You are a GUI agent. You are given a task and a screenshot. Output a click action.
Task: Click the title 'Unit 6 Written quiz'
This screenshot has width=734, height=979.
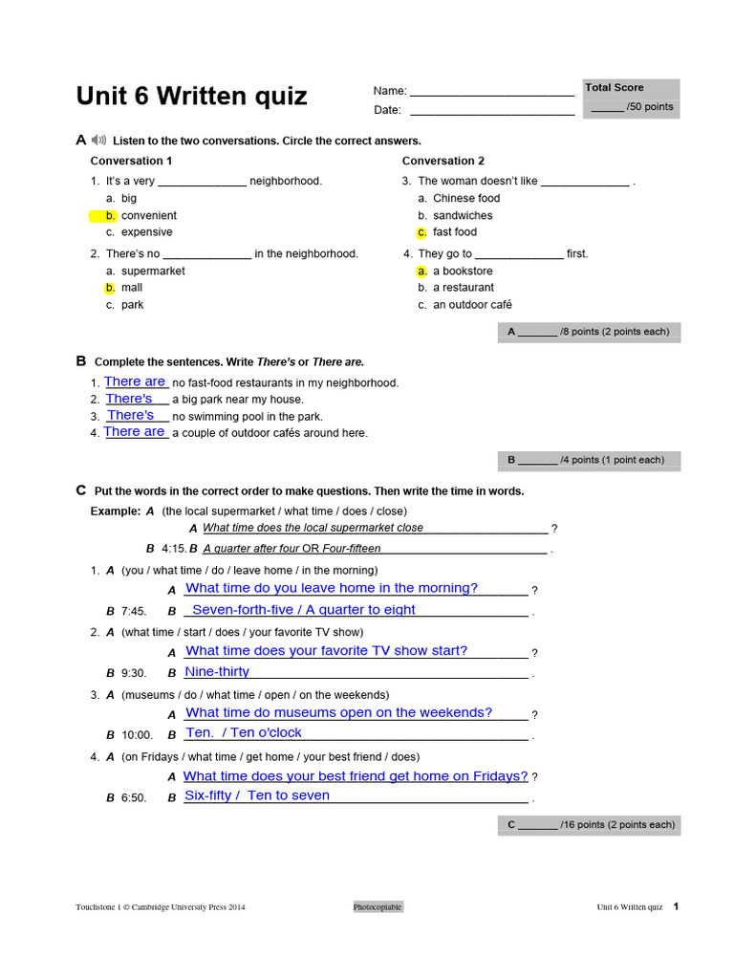tap(191, 97)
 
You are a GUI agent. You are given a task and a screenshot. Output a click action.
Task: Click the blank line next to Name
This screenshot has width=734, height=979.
tap(491, 93)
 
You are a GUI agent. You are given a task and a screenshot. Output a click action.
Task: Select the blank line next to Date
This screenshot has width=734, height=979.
tap(491, 111)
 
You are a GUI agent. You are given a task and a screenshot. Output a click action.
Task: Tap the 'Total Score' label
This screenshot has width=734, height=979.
tap(615, 88)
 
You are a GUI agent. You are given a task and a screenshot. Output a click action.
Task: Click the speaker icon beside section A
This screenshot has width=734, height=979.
tap(99, 141)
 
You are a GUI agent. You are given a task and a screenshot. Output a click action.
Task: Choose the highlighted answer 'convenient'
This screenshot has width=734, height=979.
tap(148, 216)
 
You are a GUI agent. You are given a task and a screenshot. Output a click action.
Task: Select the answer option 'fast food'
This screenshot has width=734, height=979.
tap(454, 232)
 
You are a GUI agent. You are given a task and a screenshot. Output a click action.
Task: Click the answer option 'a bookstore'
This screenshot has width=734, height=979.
tap(463, 272)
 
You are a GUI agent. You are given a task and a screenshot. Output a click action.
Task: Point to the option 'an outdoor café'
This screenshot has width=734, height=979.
tap(472, 305)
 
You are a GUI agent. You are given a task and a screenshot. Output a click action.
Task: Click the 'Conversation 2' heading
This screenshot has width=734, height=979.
tap(443, 161)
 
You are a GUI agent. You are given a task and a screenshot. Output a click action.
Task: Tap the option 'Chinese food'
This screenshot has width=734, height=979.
tap(466, 199)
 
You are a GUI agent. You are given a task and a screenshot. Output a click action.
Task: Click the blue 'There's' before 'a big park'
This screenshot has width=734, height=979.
tap(129, 399)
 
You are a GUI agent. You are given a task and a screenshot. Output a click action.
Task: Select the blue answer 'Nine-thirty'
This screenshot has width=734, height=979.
tap(217, 672)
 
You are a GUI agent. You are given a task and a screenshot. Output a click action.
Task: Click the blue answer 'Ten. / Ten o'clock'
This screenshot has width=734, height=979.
tap(244, 733)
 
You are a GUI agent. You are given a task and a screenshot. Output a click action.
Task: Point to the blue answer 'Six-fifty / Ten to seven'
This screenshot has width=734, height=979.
tap(257, 795)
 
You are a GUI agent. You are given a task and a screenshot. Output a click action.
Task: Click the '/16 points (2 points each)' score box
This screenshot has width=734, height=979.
tap(590, 824)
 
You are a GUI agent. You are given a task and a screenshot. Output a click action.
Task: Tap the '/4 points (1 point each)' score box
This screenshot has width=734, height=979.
tap(590, 460)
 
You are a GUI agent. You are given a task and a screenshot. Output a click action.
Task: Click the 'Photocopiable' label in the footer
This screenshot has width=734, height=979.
tap(378, 906)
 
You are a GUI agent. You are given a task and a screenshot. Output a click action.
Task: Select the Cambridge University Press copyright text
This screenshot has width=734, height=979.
tap(161, 907)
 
